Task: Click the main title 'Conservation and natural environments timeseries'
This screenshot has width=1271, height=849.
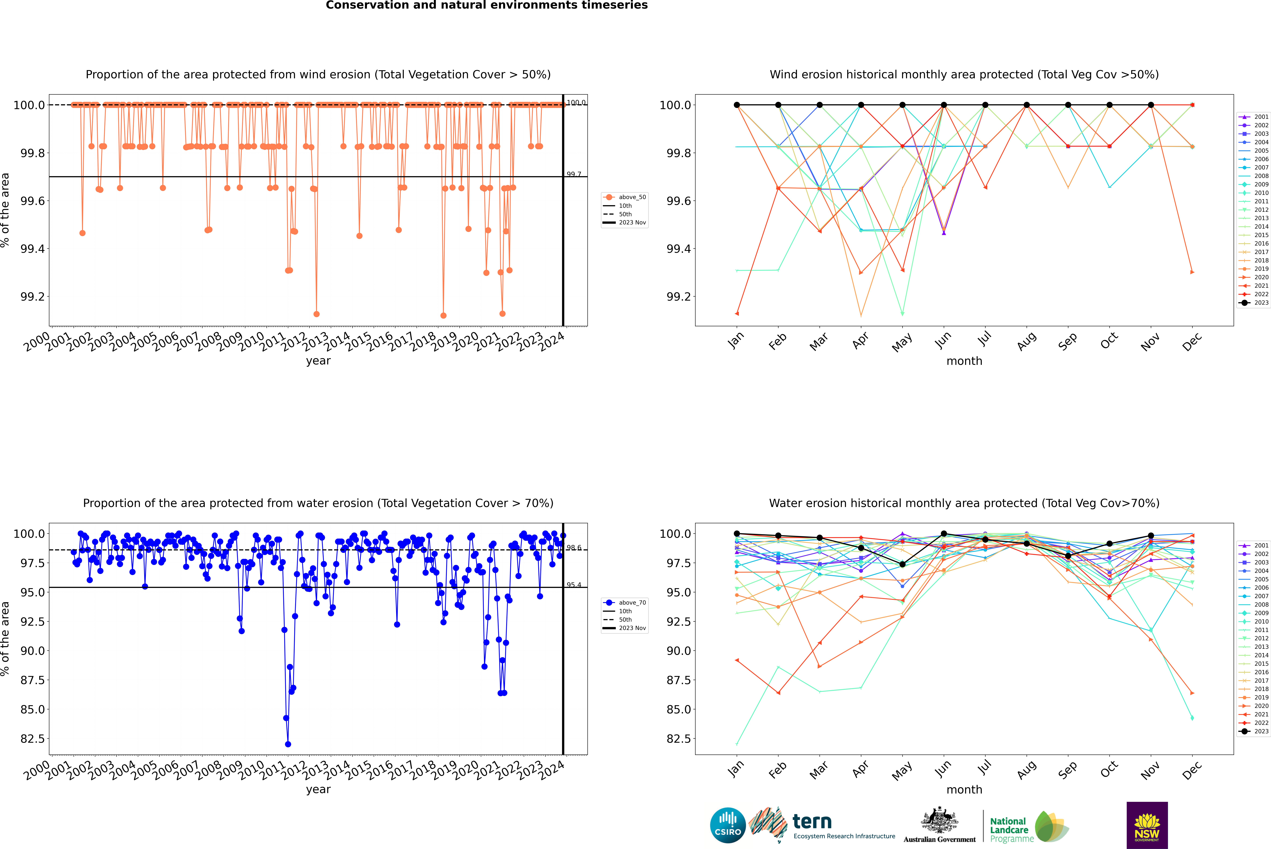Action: point(486,5)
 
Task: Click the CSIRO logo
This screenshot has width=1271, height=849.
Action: point(728,825)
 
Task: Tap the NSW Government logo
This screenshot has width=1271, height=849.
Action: point(1147,825)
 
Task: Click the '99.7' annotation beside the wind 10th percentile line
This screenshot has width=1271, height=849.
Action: point(574,174)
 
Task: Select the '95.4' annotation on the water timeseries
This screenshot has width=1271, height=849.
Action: point(574,585)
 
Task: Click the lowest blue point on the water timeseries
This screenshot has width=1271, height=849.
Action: point(288,744)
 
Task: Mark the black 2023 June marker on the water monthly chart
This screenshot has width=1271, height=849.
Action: point(944,534)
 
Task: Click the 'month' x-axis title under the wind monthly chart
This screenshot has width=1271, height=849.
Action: point(964,361)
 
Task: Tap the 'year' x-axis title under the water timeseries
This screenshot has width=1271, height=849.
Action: point(318,789)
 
